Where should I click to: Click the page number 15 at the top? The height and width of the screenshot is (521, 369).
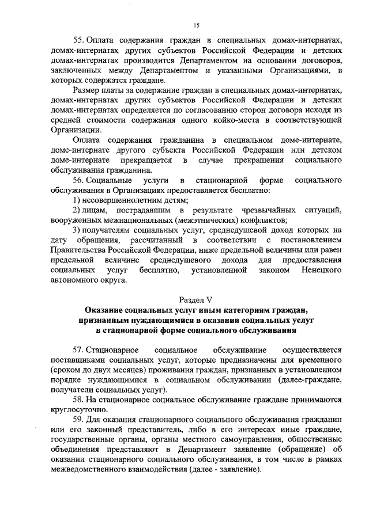[x=196, y=25]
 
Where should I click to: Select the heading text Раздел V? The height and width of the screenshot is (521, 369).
[x=196, y=298]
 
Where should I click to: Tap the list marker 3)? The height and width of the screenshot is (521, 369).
[x=77, y=230]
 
